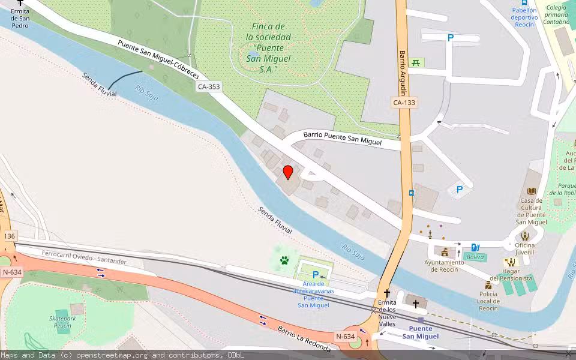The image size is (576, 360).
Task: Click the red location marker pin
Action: coord(288,173)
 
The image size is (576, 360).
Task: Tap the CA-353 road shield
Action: coord(209,87)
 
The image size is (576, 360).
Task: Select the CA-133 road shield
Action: coord(405,103)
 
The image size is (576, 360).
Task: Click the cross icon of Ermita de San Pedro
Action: coord(20,3)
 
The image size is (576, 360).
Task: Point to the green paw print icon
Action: coord(284,260)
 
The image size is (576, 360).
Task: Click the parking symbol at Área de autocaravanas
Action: coord(316,275)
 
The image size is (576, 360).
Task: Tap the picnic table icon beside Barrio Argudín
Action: coord(416,62)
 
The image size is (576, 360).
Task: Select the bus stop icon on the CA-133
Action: coord(411,193)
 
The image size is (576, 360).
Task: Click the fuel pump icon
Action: coord(475,247)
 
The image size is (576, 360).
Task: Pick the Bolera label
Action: coord(475,257)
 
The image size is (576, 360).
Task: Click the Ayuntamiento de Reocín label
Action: coord(444,266)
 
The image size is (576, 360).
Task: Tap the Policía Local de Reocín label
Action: coord(488,301)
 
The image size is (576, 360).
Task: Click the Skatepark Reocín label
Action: coord(62,322)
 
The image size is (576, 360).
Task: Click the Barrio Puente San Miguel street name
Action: coord(342,139)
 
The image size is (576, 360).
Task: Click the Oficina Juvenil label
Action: coord(524,248)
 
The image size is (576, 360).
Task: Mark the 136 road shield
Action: coord(9,236)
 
